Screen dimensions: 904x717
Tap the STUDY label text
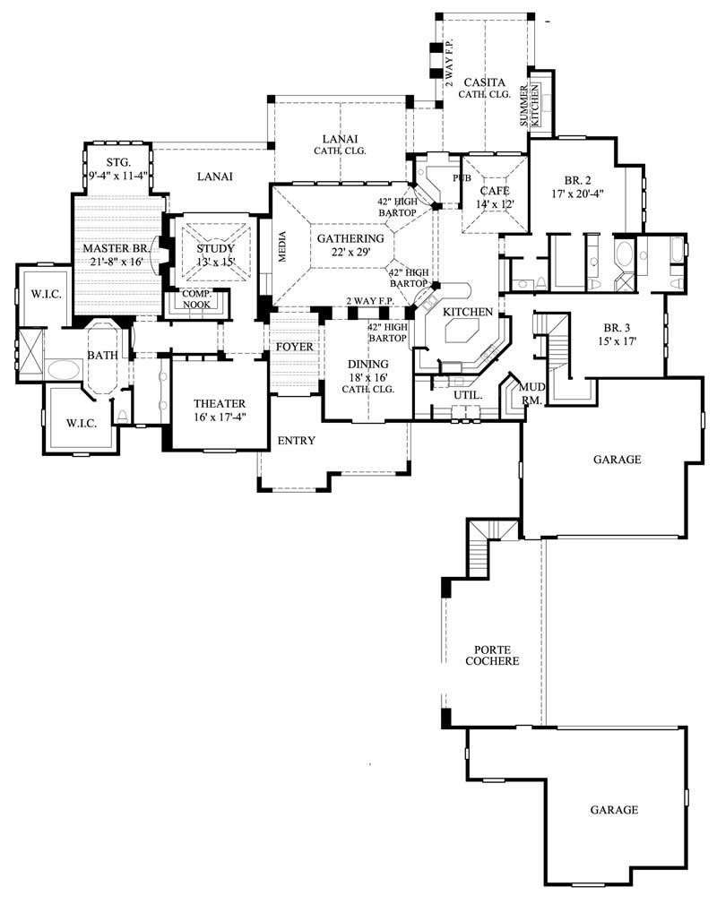coord(215,249)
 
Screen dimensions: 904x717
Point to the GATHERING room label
coord(350,238)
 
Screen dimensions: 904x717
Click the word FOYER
coord(294,347)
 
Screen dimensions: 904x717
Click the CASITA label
coord(484,82)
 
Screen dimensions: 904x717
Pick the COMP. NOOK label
coord(196,299)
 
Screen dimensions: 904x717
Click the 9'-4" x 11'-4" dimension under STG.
coord(118,176)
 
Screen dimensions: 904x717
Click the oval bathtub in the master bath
coord(64,368)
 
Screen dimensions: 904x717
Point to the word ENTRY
coord(296,441)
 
